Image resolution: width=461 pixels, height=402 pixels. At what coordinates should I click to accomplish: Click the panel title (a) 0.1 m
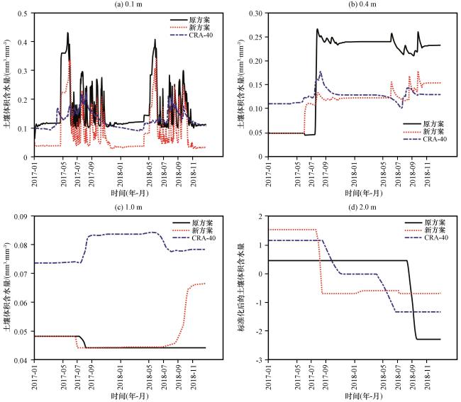point(129,4)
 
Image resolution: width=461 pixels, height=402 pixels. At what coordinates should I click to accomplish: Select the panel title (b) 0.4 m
point(363,4)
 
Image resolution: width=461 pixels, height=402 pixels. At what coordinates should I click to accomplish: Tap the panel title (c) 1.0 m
point(129,208)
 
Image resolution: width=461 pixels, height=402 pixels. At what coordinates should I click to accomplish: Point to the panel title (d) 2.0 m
point(363,208)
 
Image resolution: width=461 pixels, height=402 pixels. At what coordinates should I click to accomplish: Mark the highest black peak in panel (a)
point(67,33)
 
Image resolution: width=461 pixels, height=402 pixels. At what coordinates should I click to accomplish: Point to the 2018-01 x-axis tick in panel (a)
point(121,174)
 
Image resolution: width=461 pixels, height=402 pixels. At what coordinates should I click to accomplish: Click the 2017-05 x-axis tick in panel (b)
point(297,174)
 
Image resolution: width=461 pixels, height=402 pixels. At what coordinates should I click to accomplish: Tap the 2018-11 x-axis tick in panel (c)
point(193,377)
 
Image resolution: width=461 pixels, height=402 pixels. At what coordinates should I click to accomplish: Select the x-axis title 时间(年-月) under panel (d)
point(364,396)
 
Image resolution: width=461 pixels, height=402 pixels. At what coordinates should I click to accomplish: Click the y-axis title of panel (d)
point(242,288)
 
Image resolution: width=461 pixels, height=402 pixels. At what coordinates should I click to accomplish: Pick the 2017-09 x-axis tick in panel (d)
point(325,377)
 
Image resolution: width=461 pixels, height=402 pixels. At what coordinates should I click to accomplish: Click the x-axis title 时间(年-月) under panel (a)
point(130,193)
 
